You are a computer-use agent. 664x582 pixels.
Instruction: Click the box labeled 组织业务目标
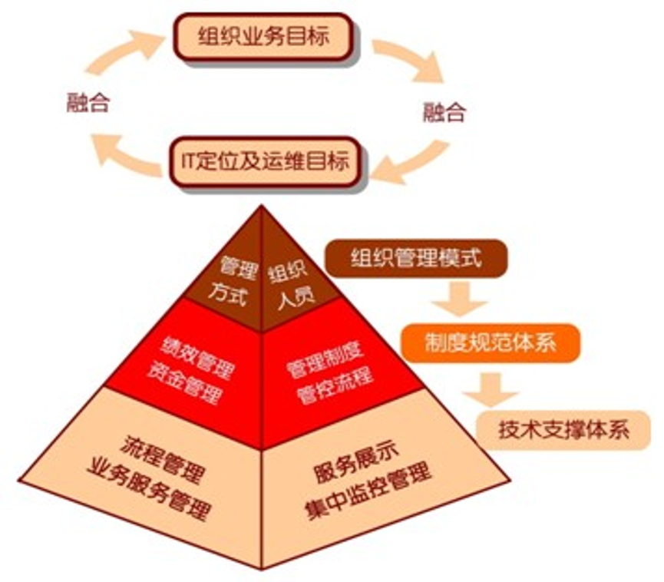click(263, 37)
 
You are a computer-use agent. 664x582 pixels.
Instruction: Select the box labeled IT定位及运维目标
click(265, 161)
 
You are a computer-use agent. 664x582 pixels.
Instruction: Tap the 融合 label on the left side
click(88, 103)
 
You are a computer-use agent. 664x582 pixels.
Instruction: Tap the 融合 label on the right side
click(444, 112)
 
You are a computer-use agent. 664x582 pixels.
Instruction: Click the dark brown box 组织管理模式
click(416, 258)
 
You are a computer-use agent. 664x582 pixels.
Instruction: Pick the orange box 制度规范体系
click(491, 342)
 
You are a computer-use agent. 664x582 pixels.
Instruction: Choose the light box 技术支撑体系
click(563, 430)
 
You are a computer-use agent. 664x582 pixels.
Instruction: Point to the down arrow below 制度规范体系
click(491, 389)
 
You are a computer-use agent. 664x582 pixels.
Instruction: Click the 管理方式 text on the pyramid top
click(233, 282)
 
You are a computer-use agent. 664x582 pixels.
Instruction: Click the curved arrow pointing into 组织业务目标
click(123, 51)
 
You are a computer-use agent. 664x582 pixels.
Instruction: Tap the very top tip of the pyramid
click(261, 205)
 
